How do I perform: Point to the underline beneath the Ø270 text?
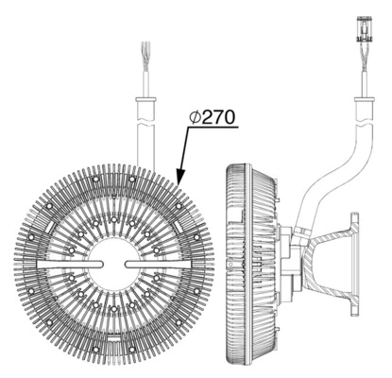pyautogui.click(x=210, y=129)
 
